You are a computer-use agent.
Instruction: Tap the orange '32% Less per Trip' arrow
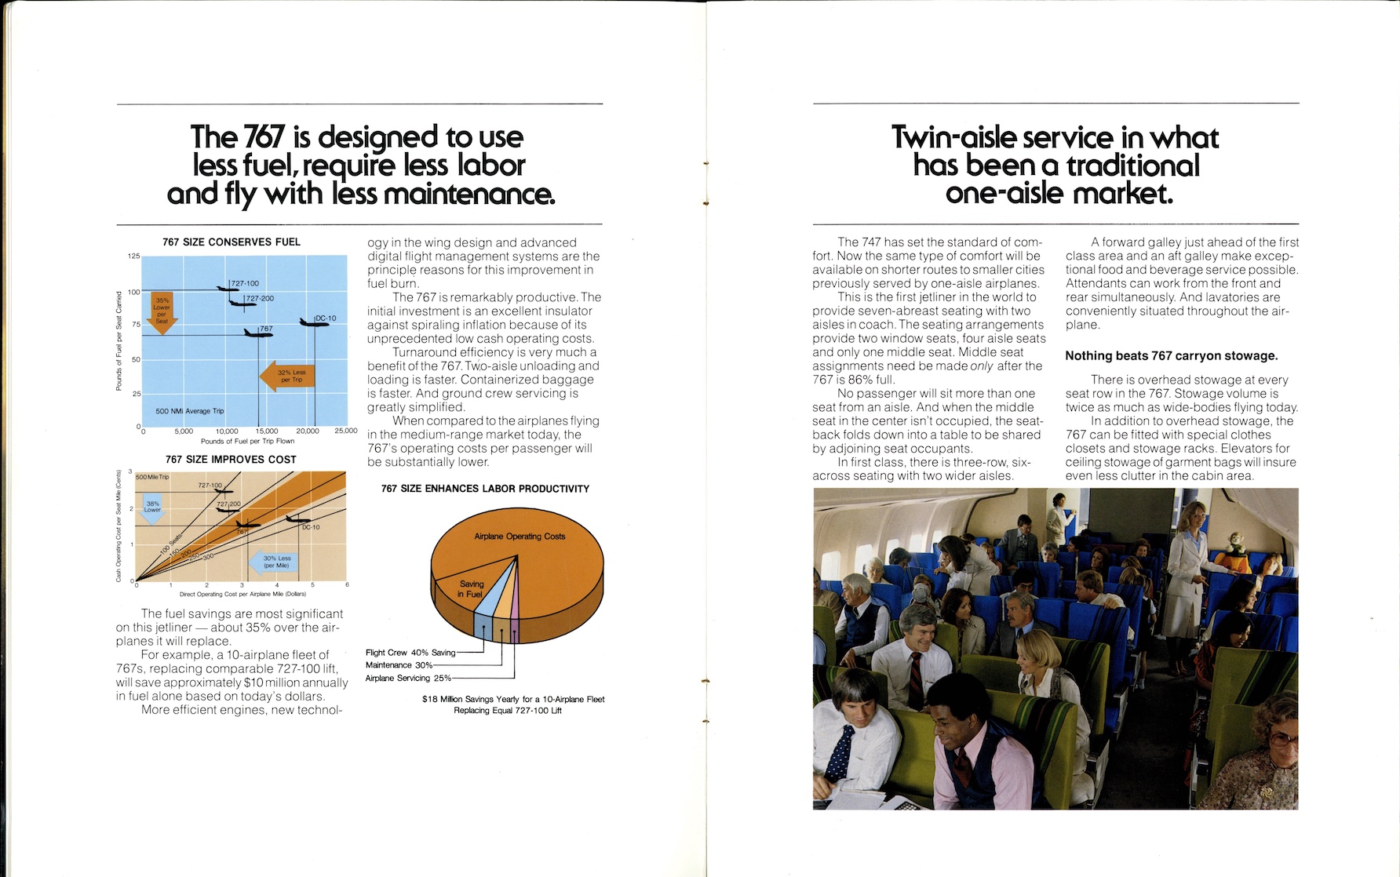(287, 376)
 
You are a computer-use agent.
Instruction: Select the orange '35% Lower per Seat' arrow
(162, 312)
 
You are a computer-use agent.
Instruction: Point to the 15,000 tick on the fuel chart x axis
(266, 431)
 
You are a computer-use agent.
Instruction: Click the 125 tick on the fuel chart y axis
(133, 257)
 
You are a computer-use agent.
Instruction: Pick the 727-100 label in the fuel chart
(245, 283)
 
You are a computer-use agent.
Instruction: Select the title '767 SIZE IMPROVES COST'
(231, 460)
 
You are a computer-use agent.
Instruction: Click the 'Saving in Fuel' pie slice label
(471, 589)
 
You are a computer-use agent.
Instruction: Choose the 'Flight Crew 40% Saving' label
(410, 653)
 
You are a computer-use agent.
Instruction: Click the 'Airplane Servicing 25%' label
(408, 679)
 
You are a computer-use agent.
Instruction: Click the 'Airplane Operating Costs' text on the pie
(520, 537)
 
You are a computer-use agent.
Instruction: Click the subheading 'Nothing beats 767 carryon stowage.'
(1171, 356)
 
